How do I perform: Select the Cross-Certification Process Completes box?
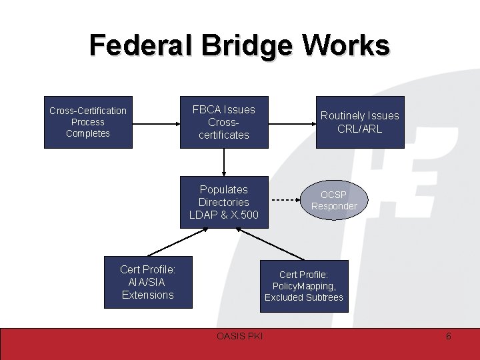pyautogui.click(x=87, y=122)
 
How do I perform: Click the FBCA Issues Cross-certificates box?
pyautogui.click(x=224, y=122)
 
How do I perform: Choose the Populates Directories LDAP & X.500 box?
pyautogui.click(x=224, y=202)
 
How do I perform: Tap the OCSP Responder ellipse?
pyautogui.click(x=333, y=200)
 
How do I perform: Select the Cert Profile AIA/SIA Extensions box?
pyautogui.click(x=147, y=282)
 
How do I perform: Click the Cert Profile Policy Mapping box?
pyautogui.click(x=303, y=285)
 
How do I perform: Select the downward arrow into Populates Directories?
pyautogui.click(x=224, y=162)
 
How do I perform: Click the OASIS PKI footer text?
pyautogui.click(x=240, y=336)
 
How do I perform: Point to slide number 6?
pyautogui.click(x=448, y=336)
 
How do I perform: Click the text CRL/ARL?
pyautogui.click(x=360, y=129)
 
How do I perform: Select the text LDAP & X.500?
pyautogui.click(x=224, y=215)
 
